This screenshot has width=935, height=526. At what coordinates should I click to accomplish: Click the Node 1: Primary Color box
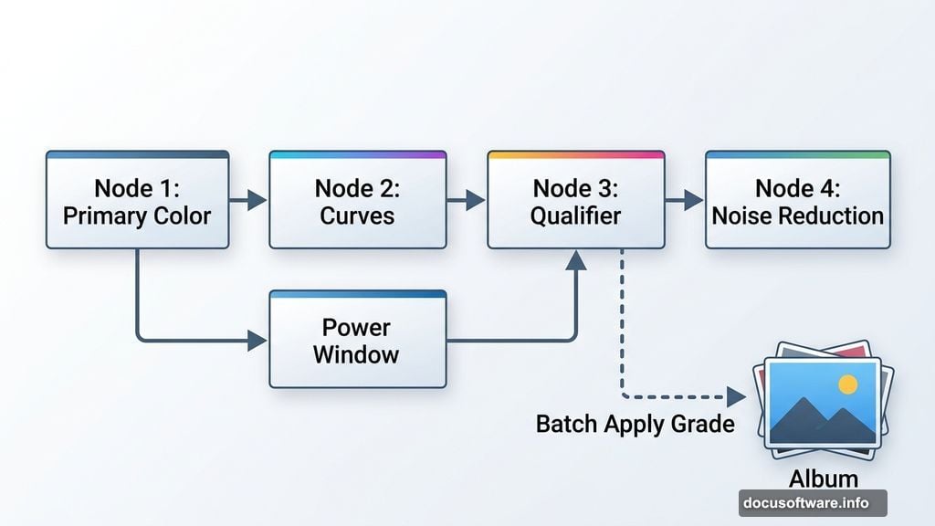pyautogui.click(x=137, y=201)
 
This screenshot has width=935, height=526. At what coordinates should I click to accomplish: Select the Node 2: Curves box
pyautogui.click(x=357, y=201)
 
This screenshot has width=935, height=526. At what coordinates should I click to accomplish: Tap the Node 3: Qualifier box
pyautogui.click(x=576, y=201)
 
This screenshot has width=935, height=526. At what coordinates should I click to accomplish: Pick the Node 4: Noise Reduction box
pyautogui.click(x=797, y=201)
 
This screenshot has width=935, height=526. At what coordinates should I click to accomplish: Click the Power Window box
pyautogui.click(x=357, y=340)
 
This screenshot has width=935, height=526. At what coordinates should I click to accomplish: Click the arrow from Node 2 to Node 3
pyautogui.click(x=467, y=200)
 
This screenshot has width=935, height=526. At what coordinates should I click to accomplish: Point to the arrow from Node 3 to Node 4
pyautogui.click(x=686, y=200)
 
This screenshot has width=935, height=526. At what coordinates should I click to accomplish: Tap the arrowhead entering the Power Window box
pyautogui.click(x=257, y=341)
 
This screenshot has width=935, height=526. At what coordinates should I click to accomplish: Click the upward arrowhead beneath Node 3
pyautogui.click(x=576, y=261)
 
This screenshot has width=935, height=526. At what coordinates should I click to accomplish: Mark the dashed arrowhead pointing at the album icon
pyautogui.click(x=736, y=396)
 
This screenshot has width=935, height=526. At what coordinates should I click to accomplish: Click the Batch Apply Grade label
pyautogui.click(x=635, y=424)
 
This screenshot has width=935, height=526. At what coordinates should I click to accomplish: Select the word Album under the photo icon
pyautogui.click(x=823, y=479)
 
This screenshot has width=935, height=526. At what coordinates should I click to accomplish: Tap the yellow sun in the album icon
pyautogui.click(x=847, y=384)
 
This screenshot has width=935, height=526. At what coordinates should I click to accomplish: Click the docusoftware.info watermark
pyautogui.click(x=812, y=502)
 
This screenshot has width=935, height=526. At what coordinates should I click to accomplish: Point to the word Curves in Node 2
pyautogui.click(x=357, y=216)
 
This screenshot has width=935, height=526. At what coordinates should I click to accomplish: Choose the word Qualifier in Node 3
pyautogui.click(x=576, y=216)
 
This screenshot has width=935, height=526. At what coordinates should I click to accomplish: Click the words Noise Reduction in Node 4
pyautogui.click(x=797, y=216)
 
